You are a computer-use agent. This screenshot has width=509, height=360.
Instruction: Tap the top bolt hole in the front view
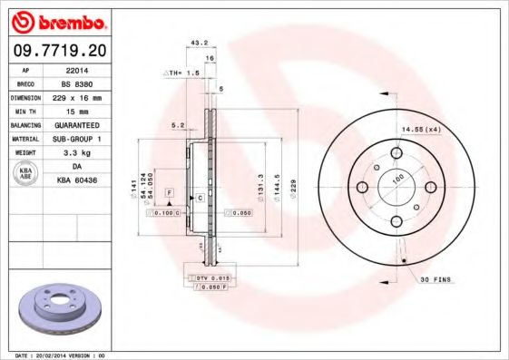tap(396, 152)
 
